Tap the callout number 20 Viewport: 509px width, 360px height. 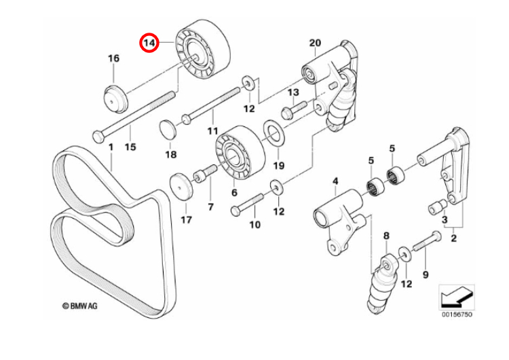pos(314,43)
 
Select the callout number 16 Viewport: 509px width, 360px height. pos(113,58)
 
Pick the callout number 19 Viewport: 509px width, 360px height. pos(278,165)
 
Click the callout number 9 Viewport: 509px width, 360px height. pos(426,275)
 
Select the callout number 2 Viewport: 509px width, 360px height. pos(453,238)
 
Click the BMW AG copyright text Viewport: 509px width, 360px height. pos(81,307)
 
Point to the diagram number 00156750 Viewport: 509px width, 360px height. pos(458,315)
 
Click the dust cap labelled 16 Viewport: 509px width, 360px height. pos(117,100)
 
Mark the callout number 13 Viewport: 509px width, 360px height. pos(293,92)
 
